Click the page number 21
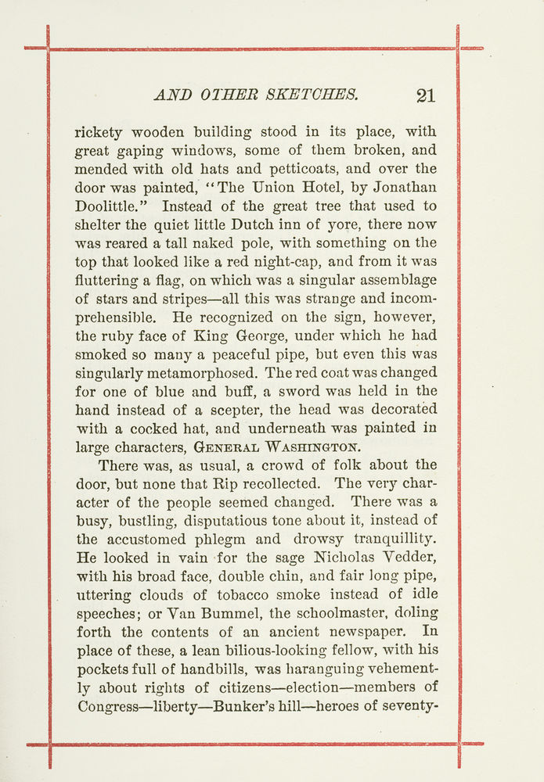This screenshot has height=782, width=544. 426,95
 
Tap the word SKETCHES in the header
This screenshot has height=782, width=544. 315,95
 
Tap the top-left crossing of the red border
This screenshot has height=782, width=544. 49,48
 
